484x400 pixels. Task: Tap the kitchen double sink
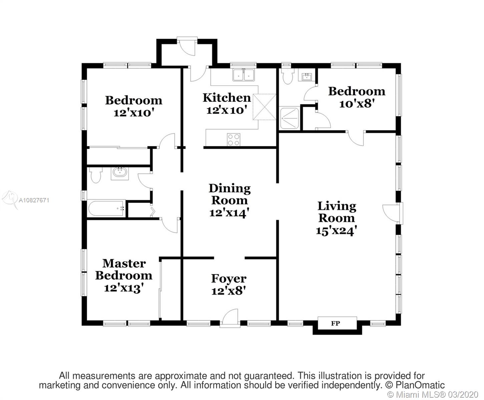click(244, 75)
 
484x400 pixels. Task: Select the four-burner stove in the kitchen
click(233, 140)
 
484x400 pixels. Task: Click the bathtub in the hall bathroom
click(106, 208)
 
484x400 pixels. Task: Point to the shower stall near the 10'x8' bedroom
click(289, 118)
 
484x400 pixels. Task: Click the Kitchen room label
click(227, 98)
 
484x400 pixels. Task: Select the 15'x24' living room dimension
click(336, 231)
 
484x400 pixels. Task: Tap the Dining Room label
click(229, 194)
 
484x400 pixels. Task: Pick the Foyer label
click(228, 279)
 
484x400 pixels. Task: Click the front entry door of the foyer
click(230, 318)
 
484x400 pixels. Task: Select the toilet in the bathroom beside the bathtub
click(96, 175)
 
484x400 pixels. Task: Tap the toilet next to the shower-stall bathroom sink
click(288, 76)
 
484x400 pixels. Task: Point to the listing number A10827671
click(34, 200)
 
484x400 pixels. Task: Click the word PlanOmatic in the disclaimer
click(420, 385)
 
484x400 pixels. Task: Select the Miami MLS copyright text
click(433, 394)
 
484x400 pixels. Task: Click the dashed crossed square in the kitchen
click(264, 107)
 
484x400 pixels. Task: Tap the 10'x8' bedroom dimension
click(357, 104)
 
